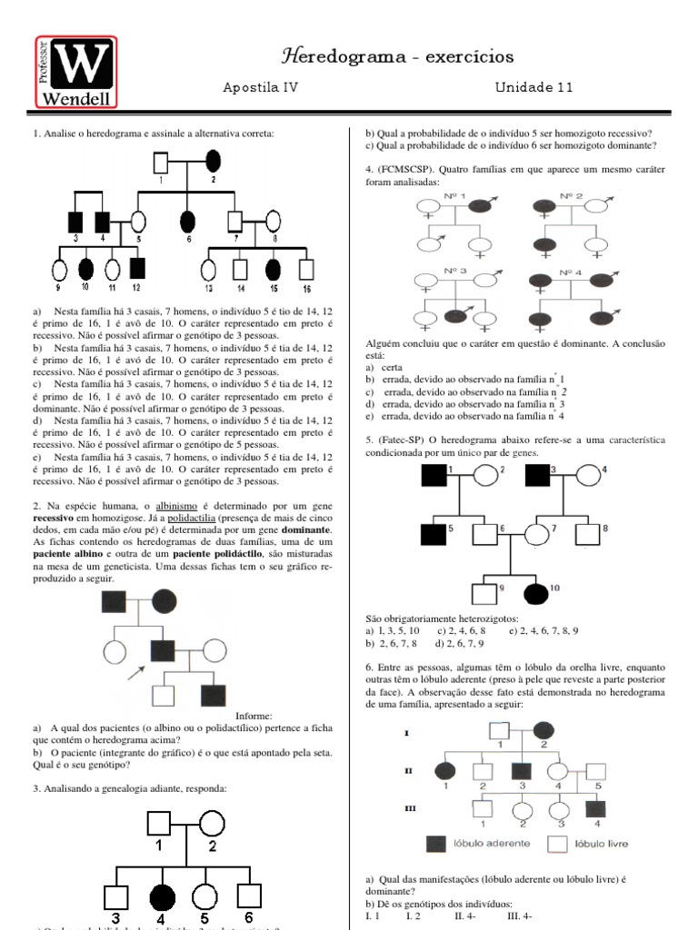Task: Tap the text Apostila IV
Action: (x=261, y=87)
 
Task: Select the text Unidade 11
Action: (x=533, y=87)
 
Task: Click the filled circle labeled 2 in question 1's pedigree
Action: (x=214, y=163)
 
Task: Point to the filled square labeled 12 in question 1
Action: (x=136, y=268)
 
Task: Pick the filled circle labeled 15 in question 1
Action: (x=273, y=269)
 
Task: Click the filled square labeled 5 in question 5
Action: (x=434, y=536)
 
